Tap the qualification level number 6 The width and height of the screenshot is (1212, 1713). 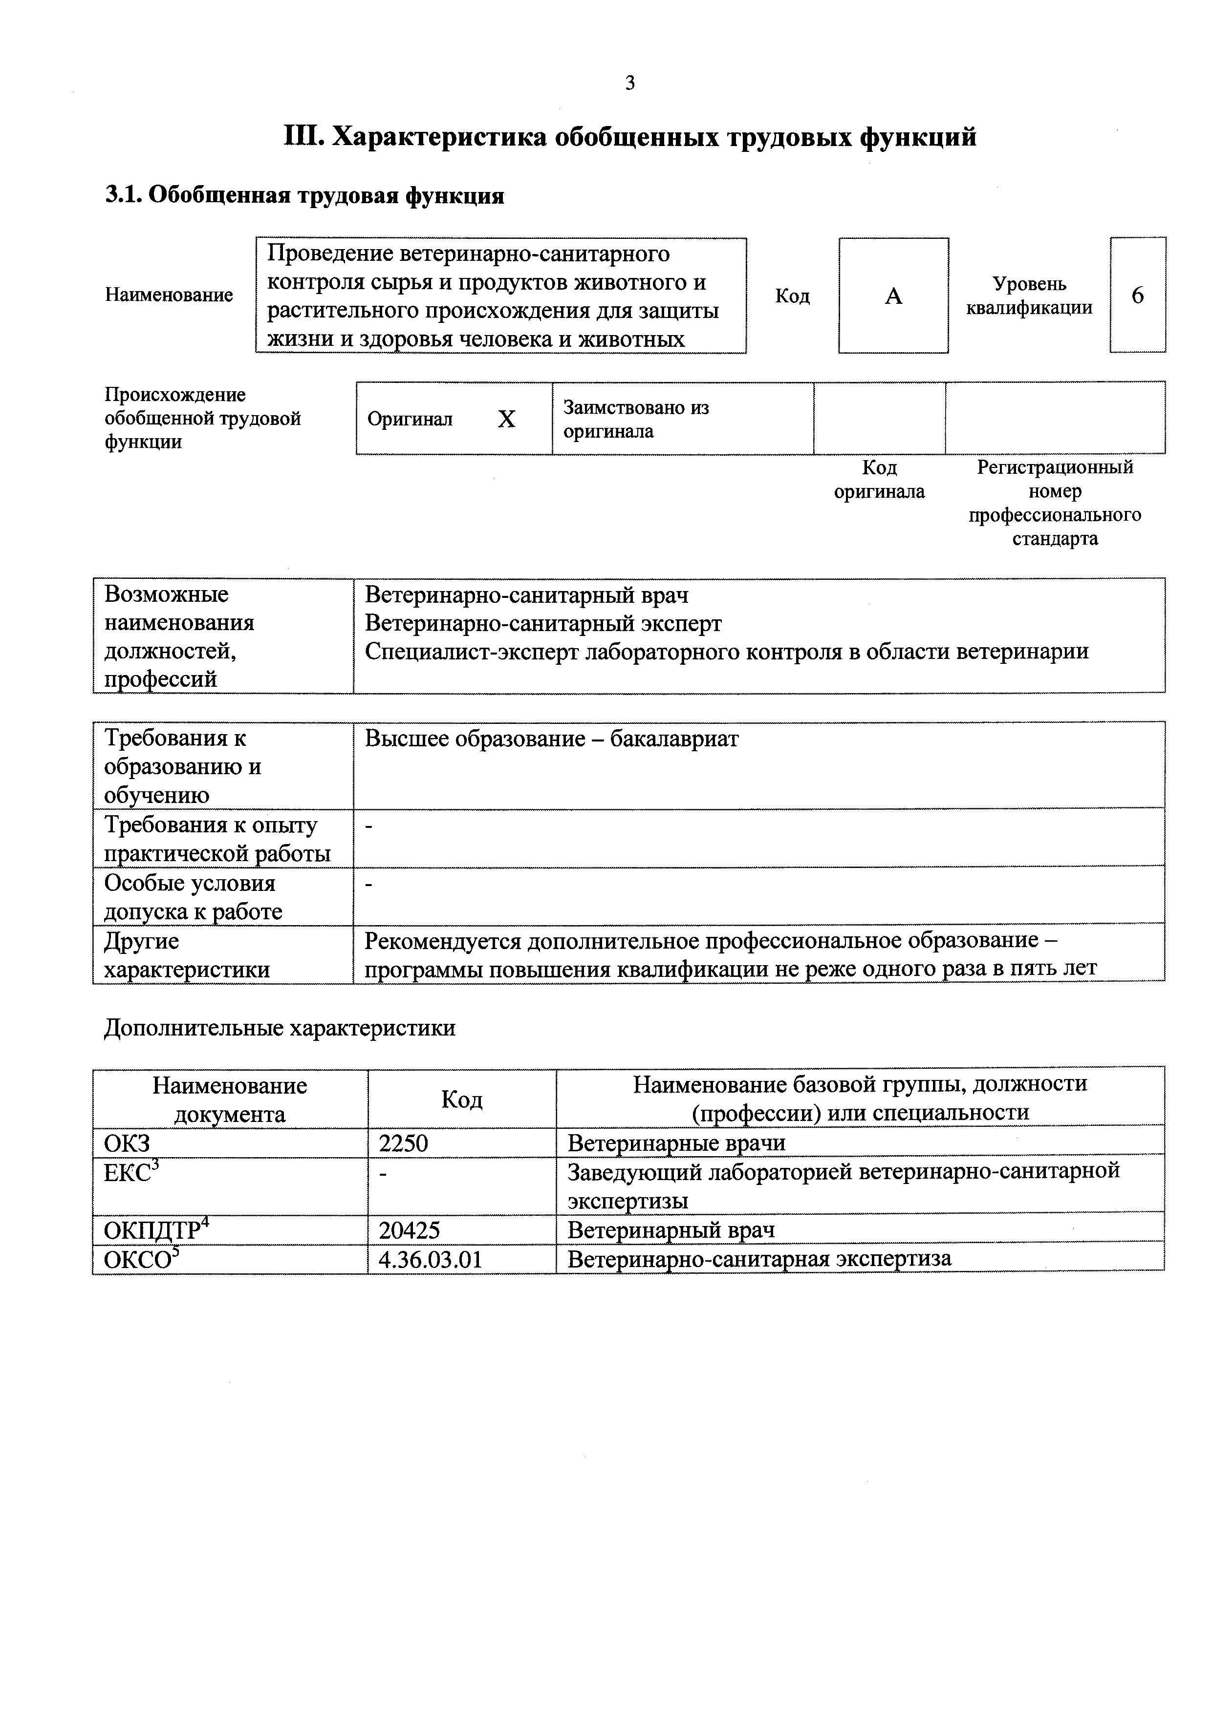click(x=1137, y=296)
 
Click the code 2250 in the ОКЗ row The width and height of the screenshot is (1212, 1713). click(x=403, y=1143)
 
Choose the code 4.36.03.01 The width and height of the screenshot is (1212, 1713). click(x=431, y=1260)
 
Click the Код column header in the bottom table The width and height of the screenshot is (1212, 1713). click(x=461, y=1099)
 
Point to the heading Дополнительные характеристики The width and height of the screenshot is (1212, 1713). click(x=279, y=1028)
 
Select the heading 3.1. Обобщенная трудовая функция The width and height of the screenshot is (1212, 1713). click(x=304, y=195)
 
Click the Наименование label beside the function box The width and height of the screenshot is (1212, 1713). click(x=169, y=296)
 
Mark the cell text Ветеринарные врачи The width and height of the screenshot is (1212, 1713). click(x=676, y=1143)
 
